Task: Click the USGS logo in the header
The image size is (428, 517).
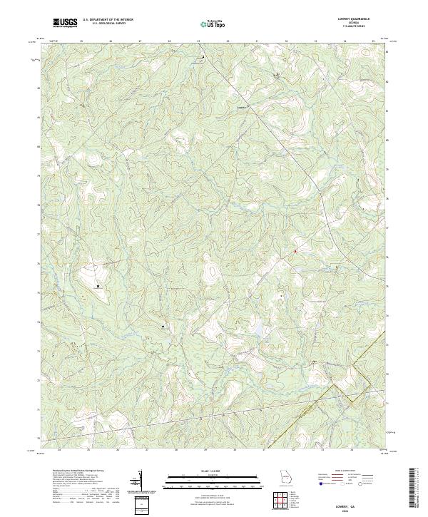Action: (x=65, y=24)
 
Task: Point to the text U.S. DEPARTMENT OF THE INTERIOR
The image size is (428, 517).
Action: (x=107, y=20)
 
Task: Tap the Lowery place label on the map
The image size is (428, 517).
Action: (x=240, y=106)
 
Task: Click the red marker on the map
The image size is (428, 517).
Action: (x=295, y=250)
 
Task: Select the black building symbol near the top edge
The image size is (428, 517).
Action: (x=203, y=56)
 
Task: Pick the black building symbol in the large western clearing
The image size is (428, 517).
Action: (x=98, y=286)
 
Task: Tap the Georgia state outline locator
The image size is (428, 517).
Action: (x=284, y=476)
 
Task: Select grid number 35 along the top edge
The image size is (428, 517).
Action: (x=81, y=41)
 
